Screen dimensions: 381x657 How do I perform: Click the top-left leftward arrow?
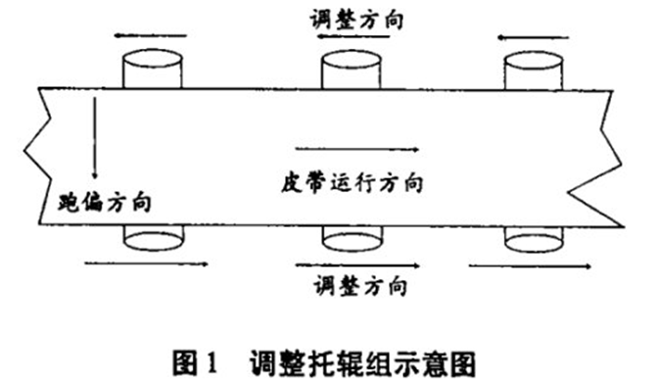[148, 36]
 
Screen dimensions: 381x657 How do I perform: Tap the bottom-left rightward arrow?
[148, 263]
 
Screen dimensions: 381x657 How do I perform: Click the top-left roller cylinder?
[151, 70]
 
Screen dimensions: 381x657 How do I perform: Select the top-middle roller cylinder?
[352, 70]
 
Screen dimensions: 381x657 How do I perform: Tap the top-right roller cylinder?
[535, 70]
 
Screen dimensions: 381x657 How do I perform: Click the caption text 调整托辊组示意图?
[362, 358]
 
